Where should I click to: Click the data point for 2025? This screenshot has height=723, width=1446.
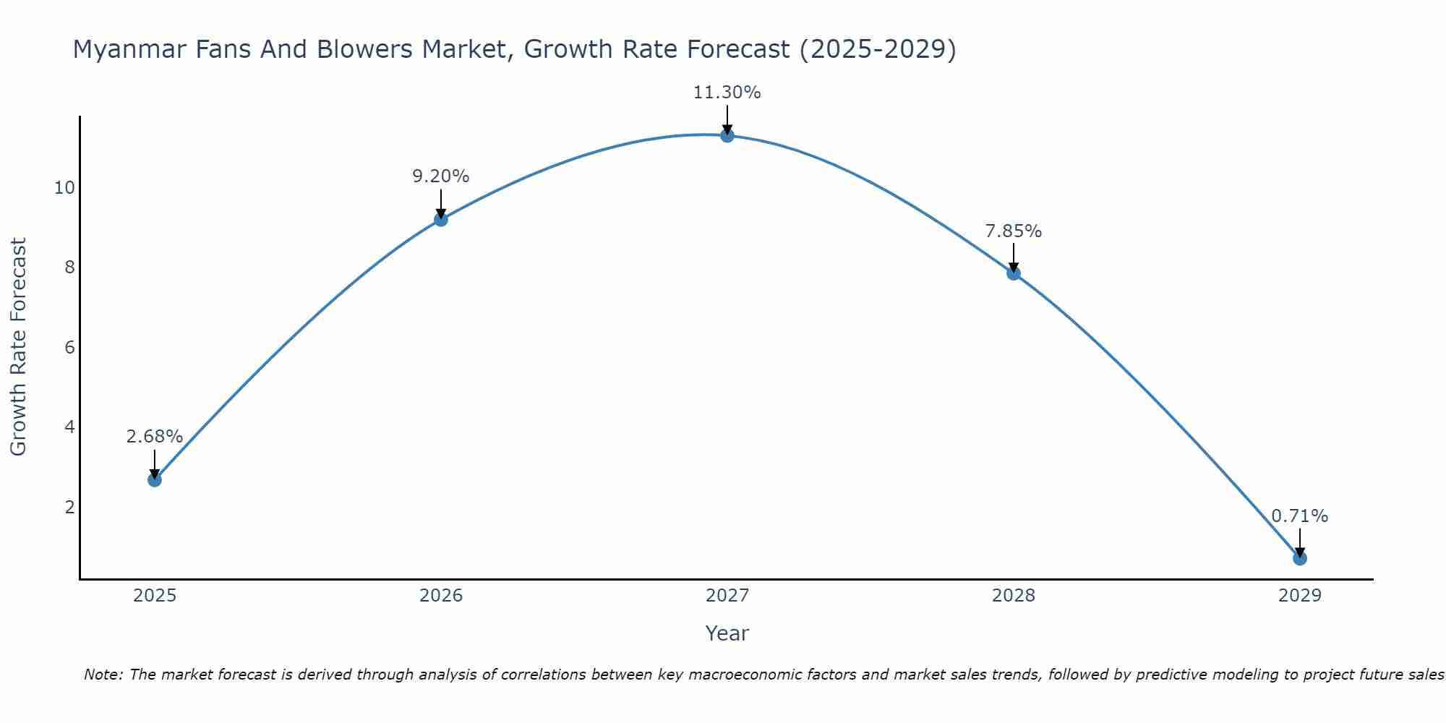click(x=155, y=479)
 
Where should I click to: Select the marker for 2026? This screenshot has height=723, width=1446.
click(x=441, y=219)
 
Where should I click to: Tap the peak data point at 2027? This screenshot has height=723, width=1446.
click(x=727, y=135)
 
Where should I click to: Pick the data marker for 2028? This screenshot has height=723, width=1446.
click(x=1014, y=273)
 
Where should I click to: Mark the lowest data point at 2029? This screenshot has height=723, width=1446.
click(x=1299, y=558)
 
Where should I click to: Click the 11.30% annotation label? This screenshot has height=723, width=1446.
click(x=727, y=93)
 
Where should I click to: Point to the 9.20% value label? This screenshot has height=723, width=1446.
click(x=440, y=176)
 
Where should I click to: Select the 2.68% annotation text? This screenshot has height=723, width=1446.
click(x=154, y=437)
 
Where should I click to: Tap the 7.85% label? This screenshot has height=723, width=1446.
click(x=1013, y=231)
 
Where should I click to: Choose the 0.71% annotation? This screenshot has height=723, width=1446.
click(x=1299, y=516)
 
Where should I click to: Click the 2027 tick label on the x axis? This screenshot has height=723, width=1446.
click(x=727, y=596)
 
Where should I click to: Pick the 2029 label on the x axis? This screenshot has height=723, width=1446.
click(x=1299, y=596)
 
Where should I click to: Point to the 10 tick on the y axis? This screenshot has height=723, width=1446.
click(x=64, y=188)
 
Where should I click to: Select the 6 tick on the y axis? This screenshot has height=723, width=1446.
click(x=69, y=348)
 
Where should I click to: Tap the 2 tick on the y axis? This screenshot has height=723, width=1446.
click(x=69, y=507)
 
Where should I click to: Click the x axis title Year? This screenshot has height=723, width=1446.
click(x=727, y=633)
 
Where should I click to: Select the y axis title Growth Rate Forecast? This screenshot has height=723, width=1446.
click(x=19, y=346)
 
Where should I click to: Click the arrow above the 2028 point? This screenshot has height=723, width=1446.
click(x=1014, y=257)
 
